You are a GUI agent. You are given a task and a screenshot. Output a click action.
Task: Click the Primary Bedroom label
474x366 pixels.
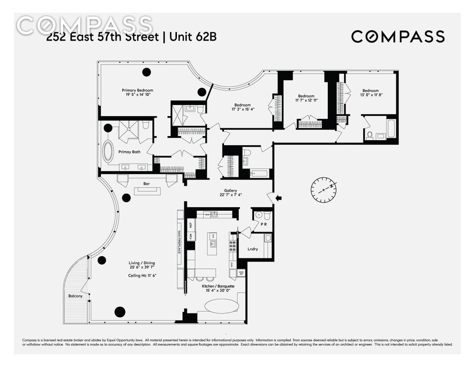click(x=137, y=91)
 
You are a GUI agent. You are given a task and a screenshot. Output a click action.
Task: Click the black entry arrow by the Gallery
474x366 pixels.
click(x=278, y=199)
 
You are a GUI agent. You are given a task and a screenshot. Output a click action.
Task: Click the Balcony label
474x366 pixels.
click(x=75, y=296)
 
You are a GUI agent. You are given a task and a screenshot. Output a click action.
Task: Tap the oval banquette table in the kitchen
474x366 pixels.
click(x=221, y=306)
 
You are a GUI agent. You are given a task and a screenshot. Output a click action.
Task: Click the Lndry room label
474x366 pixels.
click(x=253, y=249)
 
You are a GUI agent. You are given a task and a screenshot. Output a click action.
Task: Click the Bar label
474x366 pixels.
click(x=147, y=184)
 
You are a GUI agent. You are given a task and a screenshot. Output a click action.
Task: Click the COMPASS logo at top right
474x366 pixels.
click(x=398, y=36)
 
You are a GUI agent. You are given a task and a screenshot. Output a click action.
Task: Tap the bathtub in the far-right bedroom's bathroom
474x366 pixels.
click(x=391, y=129)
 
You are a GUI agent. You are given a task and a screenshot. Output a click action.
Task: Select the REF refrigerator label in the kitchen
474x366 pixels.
click(x=190, y=225)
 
